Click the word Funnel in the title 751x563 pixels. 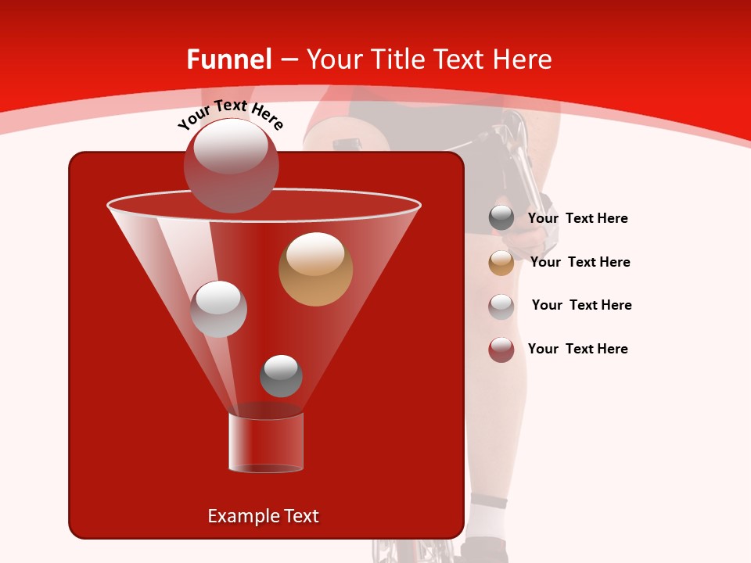[229, 59]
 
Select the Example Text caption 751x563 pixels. [263, 516]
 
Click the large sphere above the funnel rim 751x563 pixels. [231, 165]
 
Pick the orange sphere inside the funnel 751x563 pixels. [315, 268]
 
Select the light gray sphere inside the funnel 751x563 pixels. [218, 309]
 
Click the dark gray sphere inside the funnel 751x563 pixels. [281, 376]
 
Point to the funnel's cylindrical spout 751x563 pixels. [265, 443]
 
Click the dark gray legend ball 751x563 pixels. [501, 218]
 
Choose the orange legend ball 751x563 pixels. [501, 262]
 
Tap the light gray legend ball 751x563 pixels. [501, 306]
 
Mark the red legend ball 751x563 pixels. [501, 350]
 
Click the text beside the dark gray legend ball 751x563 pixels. [577, 219]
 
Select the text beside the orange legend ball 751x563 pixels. [580, 263]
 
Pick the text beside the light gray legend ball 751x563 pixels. [581, 305]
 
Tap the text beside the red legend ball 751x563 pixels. [577, 349]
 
